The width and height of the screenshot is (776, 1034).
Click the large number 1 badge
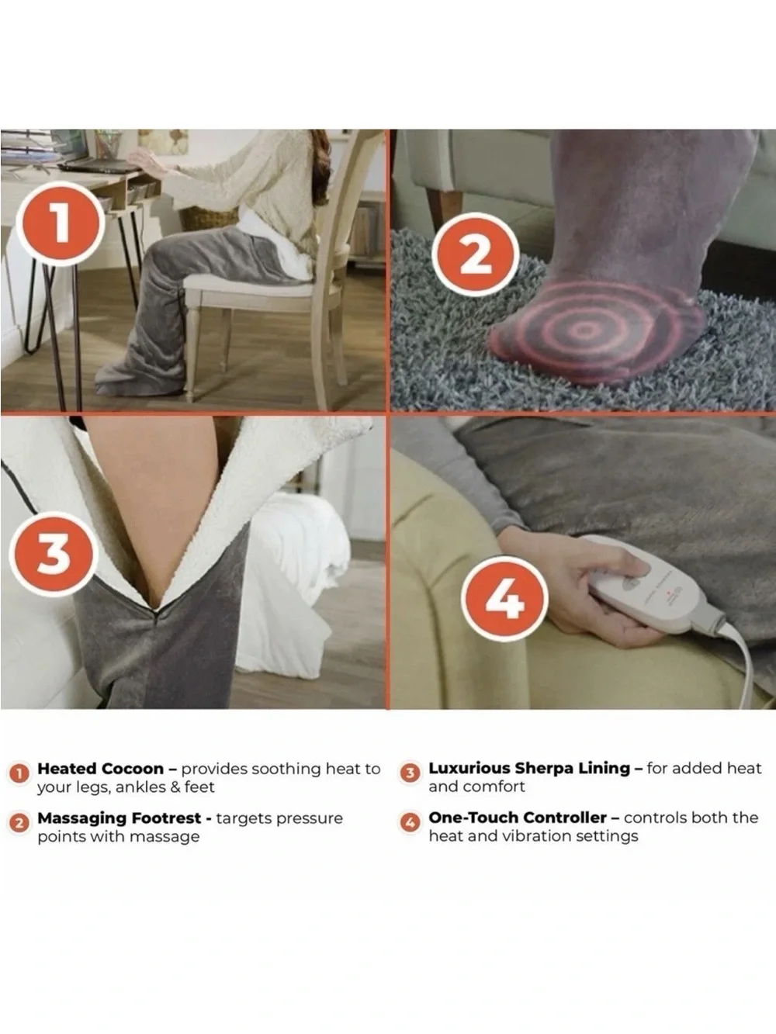(61, 223)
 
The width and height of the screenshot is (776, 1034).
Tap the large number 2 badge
(476, 254)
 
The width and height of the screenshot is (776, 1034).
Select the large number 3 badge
(54, 554)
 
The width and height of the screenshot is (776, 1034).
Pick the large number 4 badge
(504, 598)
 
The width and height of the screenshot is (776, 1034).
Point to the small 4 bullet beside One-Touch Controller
(411, 823)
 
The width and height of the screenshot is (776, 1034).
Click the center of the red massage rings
(584, 330)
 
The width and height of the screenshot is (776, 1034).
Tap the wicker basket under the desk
(208, 218)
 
